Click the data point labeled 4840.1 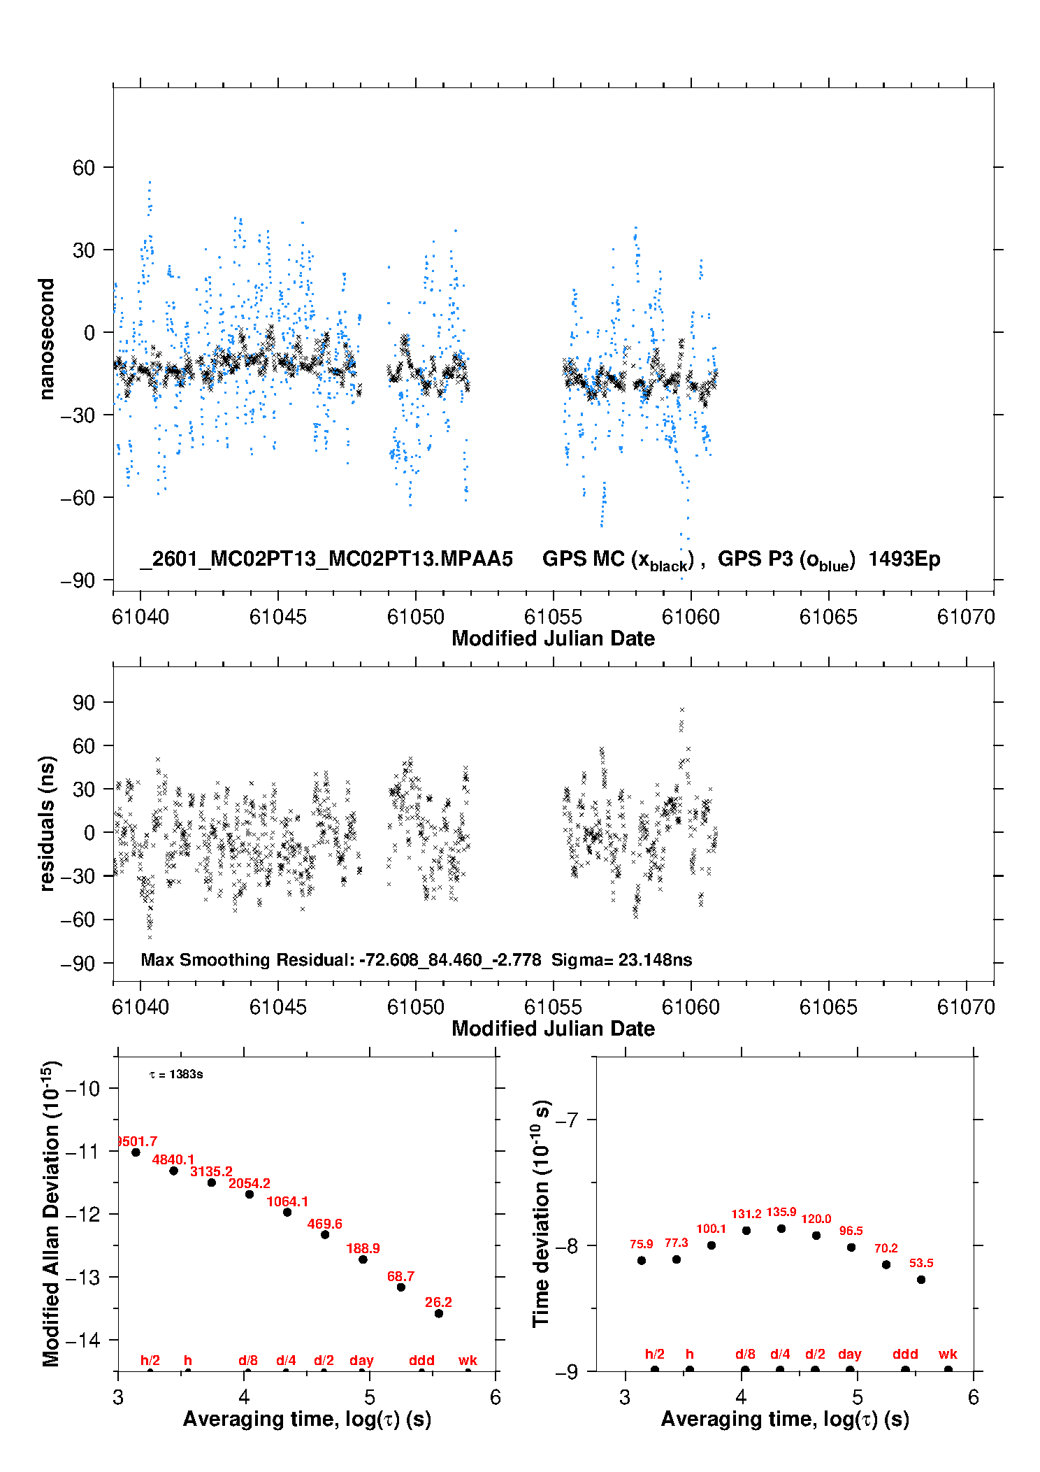click(x=173, y=1171)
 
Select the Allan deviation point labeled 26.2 click(x=439, y=1313)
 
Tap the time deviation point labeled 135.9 click(x=781, y=1229)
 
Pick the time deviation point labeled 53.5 click(x=921, y=1280)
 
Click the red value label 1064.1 click(x=287, y=1201)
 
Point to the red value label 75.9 click(x=641, y=1244)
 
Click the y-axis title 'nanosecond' click(x=47, y=339)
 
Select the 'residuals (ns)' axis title click(x=47, y=823)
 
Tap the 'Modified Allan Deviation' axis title click(x=51, y=1213)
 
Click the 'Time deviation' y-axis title click(x=541, y=1213)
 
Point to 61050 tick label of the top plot click(x=416, y=617)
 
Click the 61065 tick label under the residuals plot click(x=828, y=1007)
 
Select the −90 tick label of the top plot click(x=78, y=580)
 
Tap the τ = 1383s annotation click(x=176, y=1074)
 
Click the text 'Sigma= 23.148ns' click(x=621, y=959)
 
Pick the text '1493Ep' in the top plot click(x=904, y=559)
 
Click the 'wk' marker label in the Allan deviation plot click(x=468, y=1360)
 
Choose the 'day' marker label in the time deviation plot click(x=849, y=1354)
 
